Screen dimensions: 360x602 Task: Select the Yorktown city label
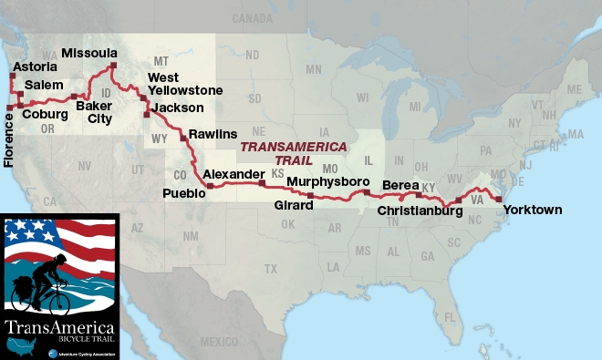[x=530, y=210]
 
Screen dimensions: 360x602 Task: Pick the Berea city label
[x=400, y=185]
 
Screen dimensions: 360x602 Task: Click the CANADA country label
[x=253, y=18]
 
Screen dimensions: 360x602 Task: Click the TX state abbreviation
[x=270, y=269]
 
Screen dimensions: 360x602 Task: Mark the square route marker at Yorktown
[x=498, y=199]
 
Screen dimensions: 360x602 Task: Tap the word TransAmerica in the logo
[x=59, y=325]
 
